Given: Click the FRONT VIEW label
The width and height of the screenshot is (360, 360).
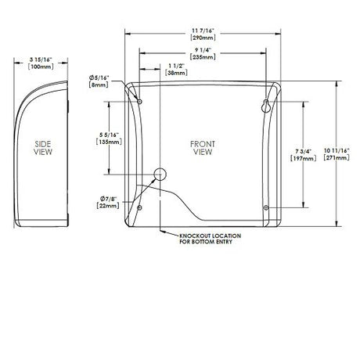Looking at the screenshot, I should click(x=202, y=149).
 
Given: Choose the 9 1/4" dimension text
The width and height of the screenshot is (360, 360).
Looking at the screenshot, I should click(x=203, y=49).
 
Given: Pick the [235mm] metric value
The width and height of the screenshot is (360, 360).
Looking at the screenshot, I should click(x=203, y=56).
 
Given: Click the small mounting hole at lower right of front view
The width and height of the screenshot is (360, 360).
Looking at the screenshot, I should click(x=268, y=207).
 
